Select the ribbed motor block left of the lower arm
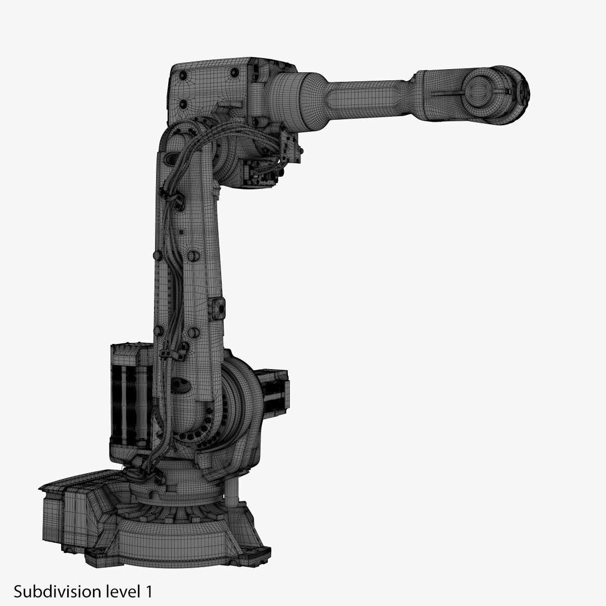[x=131, y=396]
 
